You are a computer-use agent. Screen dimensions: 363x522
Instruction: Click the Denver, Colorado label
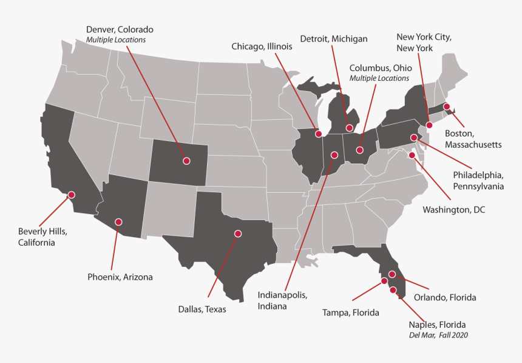120,29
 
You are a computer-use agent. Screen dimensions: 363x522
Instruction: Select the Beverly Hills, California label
42,237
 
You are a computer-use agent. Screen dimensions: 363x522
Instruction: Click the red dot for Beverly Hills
71,195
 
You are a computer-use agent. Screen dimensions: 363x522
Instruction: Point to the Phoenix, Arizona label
120,277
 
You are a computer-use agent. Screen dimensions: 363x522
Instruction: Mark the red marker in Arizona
118,222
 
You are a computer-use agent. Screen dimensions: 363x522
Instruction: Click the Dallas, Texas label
202,309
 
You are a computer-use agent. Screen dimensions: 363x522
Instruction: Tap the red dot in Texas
238,233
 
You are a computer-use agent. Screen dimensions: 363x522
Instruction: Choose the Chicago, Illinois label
262,46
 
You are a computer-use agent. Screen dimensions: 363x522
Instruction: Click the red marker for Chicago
319,133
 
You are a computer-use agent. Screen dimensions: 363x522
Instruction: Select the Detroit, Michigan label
333,39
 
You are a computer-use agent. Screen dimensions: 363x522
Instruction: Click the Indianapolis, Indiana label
282,300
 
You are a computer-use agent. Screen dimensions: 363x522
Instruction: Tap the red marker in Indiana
333,155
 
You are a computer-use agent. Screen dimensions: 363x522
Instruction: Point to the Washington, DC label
454,210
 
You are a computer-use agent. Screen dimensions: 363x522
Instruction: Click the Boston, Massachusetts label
473,139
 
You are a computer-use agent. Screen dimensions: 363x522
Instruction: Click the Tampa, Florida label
350,313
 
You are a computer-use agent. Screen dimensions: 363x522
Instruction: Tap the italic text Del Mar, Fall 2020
438,335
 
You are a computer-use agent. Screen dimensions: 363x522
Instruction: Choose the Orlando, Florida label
445,297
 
